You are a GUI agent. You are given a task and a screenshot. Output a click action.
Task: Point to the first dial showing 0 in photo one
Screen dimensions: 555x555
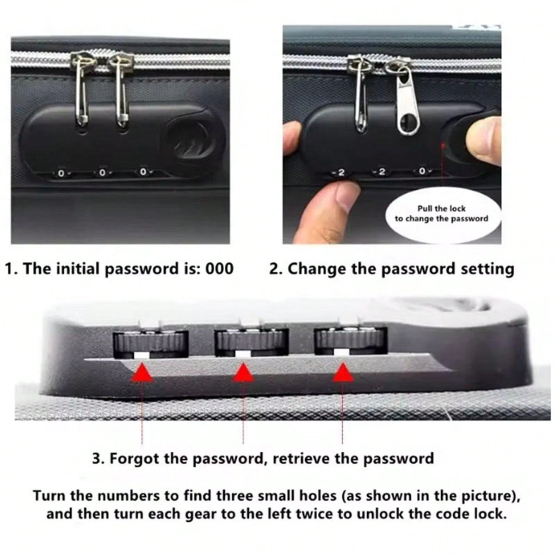tap(61, 173)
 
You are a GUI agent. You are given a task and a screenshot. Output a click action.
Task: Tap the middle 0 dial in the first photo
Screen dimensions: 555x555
tap(102, 173)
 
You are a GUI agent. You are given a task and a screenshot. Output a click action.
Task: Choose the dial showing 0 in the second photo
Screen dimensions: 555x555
tap(422, 172)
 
